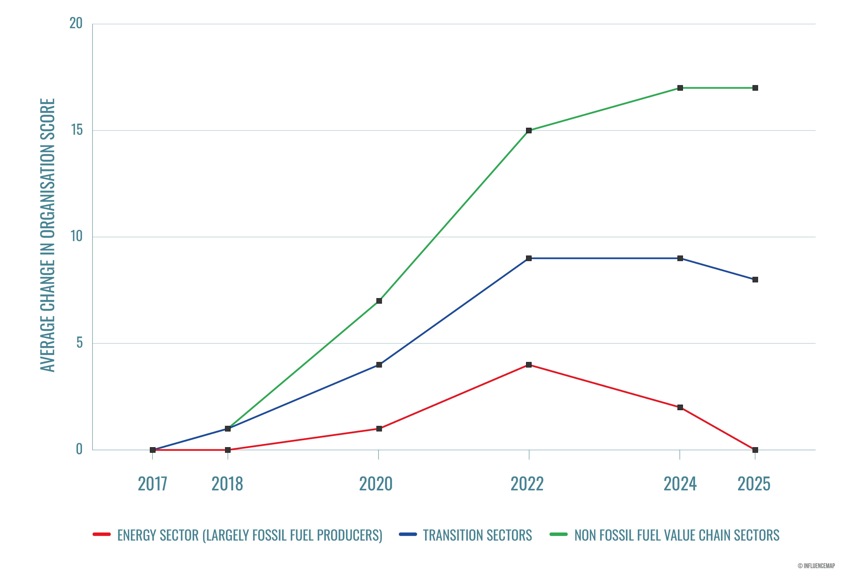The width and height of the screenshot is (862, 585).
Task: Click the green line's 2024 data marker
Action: click(x=680, y=88)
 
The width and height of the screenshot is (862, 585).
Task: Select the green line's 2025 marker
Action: click(x=755, y=88)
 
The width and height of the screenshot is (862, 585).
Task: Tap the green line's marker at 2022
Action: click(x=529, y=131)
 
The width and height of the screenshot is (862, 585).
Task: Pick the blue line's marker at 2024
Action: click(x=680, y=258)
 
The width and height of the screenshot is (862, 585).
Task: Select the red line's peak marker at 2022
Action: click(x=529, y=365)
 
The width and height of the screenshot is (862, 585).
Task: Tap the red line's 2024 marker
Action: click(x=680, y=407)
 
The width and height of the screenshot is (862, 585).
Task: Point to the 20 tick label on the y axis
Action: click(x=76, y=23)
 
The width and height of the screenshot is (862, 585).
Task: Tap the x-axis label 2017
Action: click(x=152, y=484)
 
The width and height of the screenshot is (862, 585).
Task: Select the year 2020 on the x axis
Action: click(x=376, y=484)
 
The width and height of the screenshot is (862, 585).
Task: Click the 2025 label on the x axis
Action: click(x=754, y=484)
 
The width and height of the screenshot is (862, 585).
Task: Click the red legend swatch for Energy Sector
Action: click(x=102, y=534)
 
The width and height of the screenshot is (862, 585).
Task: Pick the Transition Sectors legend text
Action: click(x=477, y=535)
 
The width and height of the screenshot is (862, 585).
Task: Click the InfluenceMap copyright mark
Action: click(x=816, y=566)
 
